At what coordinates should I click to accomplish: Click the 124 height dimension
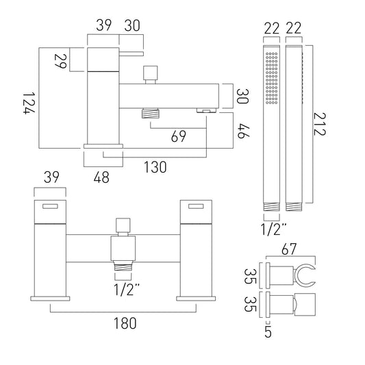click(x=29, y=103)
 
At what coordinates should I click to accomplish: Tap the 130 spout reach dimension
click(x=155, y=167)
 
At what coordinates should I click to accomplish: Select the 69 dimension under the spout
click(x=179, y=136)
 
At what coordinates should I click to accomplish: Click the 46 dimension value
click(x=243, y=131)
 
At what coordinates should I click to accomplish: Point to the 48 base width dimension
click(x=101, y=177)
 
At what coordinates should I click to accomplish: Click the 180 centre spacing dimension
click(x=125, y=323)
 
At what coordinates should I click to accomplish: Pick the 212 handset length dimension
click(x=320, y=124)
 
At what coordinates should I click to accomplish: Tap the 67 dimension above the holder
click(x=289, y=249)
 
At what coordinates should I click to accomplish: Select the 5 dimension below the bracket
click(x=268, y=332)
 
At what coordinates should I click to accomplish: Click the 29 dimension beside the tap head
click(x=60, y=61)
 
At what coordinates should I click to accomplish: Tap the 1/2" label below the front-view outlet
click(x=127, y=290)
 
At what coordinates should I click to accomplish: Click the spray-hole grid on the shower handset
click(x=271, y=78)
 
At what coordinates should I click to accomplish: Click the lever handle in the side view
click(x=131, y=54)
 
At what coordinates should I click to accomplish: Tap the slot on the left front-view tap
click(x=50, y=207)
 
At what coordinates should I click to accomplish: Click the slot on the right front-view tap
click(x=196, y=207)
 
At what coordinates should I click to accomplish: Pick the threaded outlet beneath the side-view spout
click(x=151, y=113)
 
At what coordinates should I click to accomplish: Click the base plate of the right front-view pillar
click(x=196, y=299)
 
